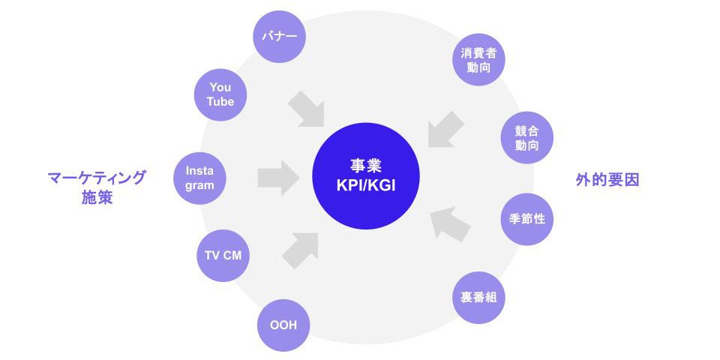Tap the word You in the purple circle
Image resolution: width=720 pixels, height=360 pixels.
[220, 87]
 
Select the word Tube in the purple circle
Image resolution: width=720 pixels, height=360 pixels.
[220, 101]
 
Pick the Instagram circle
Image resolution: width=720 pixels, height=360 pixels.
[200, 178]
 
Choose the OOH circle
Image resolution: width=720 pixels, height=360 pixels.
[283, 325]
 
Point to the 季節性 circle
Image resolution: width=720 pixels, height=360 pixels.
[526, 219]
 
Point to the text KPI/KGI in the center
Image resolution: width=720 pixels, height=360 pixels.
[365, 184]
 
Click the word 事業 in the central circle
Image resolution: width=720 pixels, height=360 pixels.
[365, 166]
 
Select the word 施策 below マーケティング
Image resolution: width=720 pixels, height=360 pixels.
[96, 198]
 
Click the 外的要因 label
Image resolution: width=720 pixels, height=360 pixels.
[607, 180]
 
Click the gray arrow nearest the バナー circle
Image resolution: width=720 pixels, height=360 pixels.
[306, 108]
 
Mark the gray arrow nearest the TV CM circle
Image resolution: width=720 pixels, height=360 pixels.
[300, 250]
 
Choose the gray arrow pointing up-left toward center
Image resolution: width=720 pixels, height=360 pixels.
[451, 223]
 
